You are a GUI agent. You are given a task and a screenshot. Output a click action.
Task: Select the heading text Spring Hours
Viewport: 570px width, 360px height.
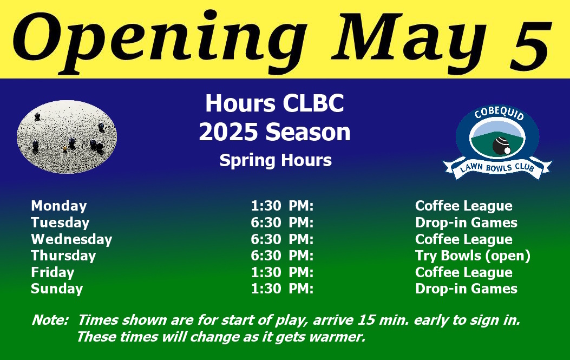coord(276,160)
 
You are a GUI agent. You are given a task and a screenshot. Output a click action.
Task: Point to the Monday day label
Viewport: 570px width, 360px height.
coord(59,206)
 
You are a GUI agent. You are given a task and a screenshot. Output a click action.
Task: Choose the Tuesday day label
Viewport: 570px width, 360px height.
coord(60,222)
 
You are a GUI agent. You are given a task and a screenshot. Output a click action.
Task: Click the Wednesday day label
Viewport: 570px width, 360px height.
coord(71,239)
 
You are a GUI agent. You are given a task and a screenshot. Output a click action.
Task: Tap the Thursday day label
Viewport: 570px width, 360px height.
coord(64,256)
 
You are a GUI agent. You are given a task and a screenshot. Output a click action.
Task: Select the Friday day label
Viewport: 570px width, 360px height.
coord(53,272)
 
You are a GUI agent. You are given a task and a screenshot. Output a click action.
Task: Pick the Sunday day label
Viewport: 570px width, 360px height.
coord(57,289)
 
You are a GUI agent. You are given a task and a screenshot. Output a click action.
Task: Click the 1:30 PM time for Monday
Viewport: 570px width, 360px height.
coord(282,206)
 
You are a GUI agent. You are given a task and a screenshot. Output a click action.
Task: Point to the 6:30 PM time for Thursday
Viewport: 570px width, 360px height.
coord(282,256)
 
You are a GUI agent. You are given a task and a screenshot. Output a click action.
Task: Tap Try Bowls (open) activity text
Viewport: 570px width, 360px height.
coord(473,256)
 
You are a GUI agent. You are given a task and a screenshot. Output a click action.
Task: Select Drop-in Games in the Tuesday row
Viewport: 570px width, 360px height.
coord(466,222)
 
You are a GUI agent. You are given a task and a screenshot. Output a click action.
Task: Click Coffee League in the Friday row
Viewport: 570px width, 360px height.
coord(464,272)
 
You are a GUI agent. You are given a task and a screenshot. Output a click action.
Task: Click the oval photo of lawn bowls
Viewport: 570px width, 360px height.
coord(67,137)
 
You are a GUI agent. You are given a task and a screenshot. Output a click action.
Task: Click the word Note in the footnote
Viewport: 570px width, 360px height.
coord(50,320)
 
